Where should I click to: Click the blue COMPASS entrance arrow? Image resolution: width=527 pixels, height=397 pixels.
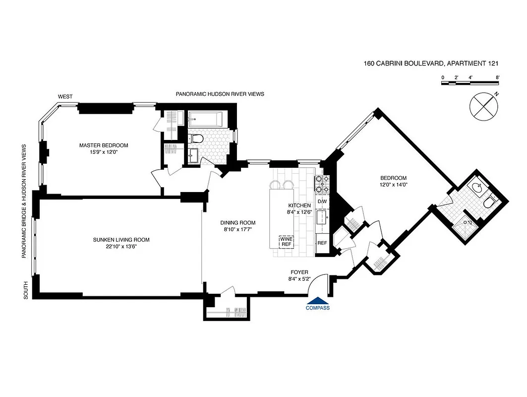click(318, 300)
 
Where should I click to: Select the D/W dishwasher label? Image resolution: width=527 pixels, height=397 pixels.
click(322, 201)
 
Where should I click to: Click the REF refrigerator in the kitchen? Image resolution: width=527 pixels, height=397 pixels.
click(322, 243)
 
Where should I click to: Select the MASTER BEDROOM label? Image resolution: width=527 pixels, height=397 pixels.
click(104, 145)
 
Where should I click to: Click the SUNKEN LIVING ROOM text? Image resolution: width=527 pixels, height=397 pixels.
click(121, 240)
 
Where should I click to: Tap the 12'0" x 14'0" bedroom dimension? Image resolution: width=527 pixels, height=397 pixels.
click(393, 185)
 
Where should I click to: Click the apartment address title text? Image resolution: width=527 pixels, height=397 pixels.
click(430, 63)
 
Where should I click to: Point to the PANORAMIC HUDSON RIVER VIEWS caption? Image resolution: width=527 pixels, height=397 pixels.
click(220, 94)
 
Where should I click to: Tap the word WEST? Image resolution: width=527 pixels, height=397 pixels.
click(65, 96)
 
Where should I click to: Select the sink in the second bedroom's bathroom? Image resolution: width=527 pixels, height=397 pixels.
click(478, 187)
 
